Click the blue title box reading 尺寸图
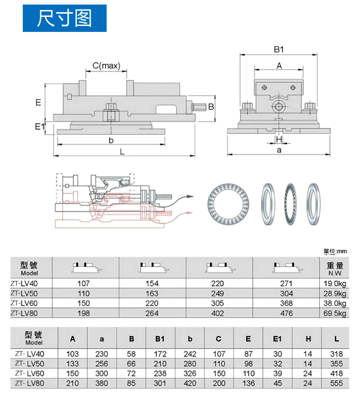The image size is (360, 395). click(x=65, y=18)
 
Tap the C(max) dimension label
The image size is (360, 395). click(x=106, y=66)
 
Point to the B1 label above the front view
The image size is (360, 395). click(x=279, y=49)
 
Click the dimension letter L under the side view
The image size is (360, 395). click(x=122, y=152)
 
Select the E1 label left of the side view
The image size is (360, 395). click(x=39, y=126)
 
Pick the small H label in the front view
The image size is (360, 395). click(x=279, y=139)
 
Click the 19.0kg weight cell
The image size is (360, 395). click(x=335, y=283)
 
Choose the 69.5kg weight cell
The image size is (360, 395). click(x=335, y=313)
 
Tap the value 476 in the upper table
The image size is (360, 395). click(x=286, y=313)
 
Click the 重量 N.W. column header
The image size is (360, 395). click(x=335, y=268)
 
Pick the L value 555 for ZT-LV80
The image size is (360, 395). click(x=336, y=384)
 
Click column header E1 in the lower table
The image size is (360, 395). click(x=278, y=339)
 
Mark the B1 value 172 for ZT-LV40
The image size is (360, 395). click(x=159, y=354)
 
